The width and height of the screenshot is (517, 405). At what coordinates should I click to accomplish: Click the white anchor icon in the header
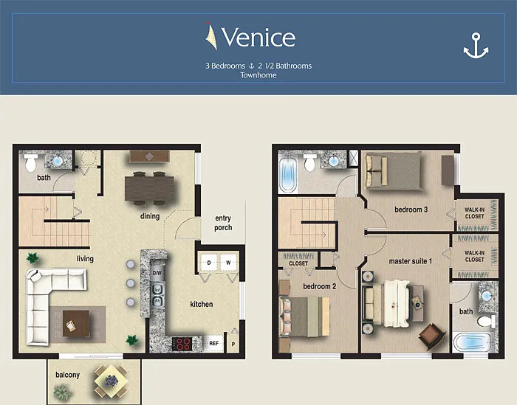[476, 46]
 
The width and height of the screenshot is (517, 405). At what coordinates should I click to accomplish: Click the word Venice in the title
[258, 37]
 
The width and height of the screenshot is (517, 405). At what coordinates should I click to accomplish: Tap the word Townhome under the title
[258, 75]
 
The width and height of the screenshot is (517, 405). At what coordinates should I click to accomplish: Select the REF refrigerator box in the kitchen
[213, 344]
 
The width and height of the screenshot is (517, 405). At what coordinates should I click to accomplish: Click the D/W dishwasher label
[157, 273]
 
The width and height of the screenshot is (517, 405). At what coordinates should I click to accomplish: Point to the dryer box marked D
[209, 263]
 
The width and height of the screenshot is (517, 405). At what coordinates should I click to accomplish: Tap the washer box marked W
[228, 263]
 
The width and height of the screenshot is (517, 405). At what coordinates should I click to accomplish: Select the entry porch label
[223, 223]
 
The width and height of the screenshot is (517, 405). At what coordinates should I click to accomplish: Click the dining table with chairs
[150, 188]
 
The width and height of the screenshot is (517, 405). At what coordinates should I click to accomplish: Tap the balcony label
[68, 375]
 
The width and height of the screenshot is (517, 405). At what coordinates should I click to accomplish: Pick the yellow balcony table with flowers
[111, 381]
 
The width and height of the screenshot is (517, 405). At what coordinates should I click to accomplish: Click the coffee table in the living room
[76, 323]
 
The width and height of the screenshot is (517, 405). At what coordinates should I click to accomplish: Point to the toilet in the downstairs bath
[31, 162]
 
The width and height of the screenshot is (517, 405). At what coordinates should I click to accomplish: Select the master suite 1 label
[411, 261]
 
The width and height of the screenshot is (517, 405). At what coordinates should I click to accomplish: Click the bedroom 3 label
[411, 210]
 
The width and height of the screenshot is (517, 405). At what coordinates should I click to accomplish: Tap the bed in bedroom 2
[304, 316]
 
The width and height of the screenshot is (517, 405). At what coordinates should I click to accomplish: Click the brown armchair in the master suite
[432, 336]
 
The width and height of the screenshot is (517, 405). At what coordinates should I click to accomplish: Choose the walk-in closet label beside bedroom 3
[474, 213]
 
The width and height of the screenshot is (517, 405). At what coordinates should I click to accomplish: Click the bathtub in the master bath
[473, 343]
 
